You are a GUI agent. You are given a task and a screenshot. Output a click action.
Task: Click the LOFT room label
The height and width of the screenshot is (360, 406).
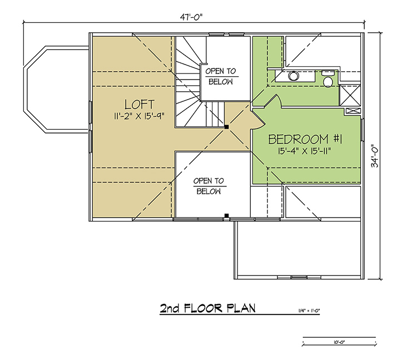139,105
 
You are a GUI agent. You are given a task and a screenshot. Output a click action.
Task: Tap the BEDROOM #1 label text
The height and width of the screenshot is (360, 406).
305,139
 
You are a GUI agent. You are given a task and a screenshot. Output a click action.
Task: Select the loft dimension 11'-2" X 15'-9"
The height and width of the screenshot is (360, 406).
139,116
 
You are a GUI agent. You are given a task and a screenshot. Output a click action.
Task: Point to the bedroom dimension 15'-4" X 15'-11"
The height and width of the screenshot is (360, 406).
305,151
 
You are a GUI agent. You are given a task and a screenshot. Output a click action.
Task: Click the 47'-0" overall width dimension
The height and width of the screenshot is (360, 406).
191,17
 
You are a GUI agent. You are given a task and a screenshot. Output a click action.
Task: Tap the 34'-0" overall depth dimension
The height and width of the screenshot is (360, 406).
375,156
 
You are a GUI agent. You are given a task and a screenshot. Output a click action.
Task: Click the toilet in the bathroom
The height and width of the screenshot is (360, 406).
328,78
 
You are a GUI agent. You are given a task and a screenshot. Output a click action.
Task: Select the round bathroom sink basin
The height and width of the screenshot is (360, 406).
293,76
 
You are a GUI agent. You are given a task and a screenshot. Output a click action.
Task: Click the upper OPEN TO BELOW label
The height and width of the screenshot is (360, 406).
221,76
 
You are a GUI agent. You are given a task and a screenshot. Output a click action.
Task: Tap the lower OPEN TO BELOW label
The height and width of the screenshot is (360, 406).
209,186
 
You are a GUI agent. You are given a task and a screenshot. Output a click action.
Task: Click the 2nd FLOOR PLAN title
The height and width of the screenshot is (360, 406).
207,308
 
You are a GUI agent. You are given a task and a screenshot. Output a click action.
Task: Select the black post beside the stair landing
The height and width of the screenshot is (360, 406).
226,127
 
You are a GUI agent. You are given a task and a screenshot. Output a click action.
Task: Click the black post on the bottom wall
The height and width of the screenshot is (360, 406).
226,215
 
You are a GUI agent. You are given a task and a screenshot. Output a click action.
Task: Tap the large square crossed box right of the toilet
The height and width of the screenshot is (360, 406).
350,95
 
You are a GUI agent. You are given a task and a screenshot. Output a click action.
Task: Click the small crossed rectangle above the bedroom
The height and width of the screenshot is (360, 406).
353,111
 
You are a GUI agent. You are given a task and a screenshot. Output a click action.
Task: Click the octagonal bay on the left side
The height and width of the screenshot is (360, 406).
56,90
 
